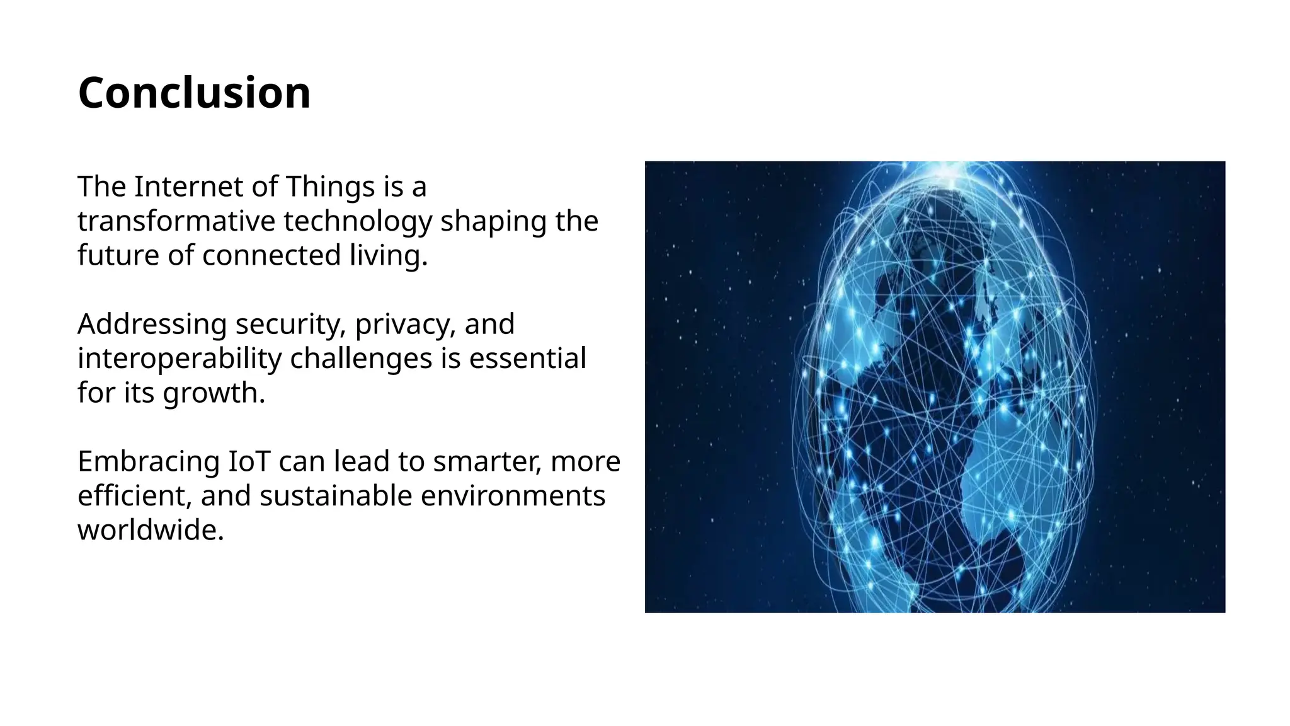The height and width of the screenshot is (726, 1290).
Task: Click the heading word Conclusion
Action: (x=194, y=93)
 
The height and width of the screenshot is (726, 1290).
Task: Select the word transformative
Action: (x=176, y=221)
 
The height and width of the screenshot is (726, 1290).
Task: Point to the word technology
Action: (x=358, y=221)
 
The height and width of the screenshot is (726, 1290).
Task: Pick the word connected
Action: (x=271, y=255)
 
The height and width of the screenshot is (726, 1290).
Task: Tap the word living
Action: (x=389, y=255)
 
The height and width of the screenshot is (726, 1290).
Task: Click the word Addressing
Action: (x=152, y=324)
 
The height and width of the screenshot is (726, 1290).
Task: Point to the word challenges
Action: (x=361, y=358)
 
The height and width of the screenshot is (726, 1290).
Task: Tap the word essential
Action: (x=527, y=358)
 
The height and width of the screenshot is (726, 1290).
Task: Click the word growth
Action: (x=214, y=393)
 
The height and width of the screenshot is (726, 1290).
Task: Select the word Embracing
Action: (x=149, y=461)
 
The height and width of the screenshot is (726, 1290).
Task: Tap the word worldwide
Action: (x=151, y=530)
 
